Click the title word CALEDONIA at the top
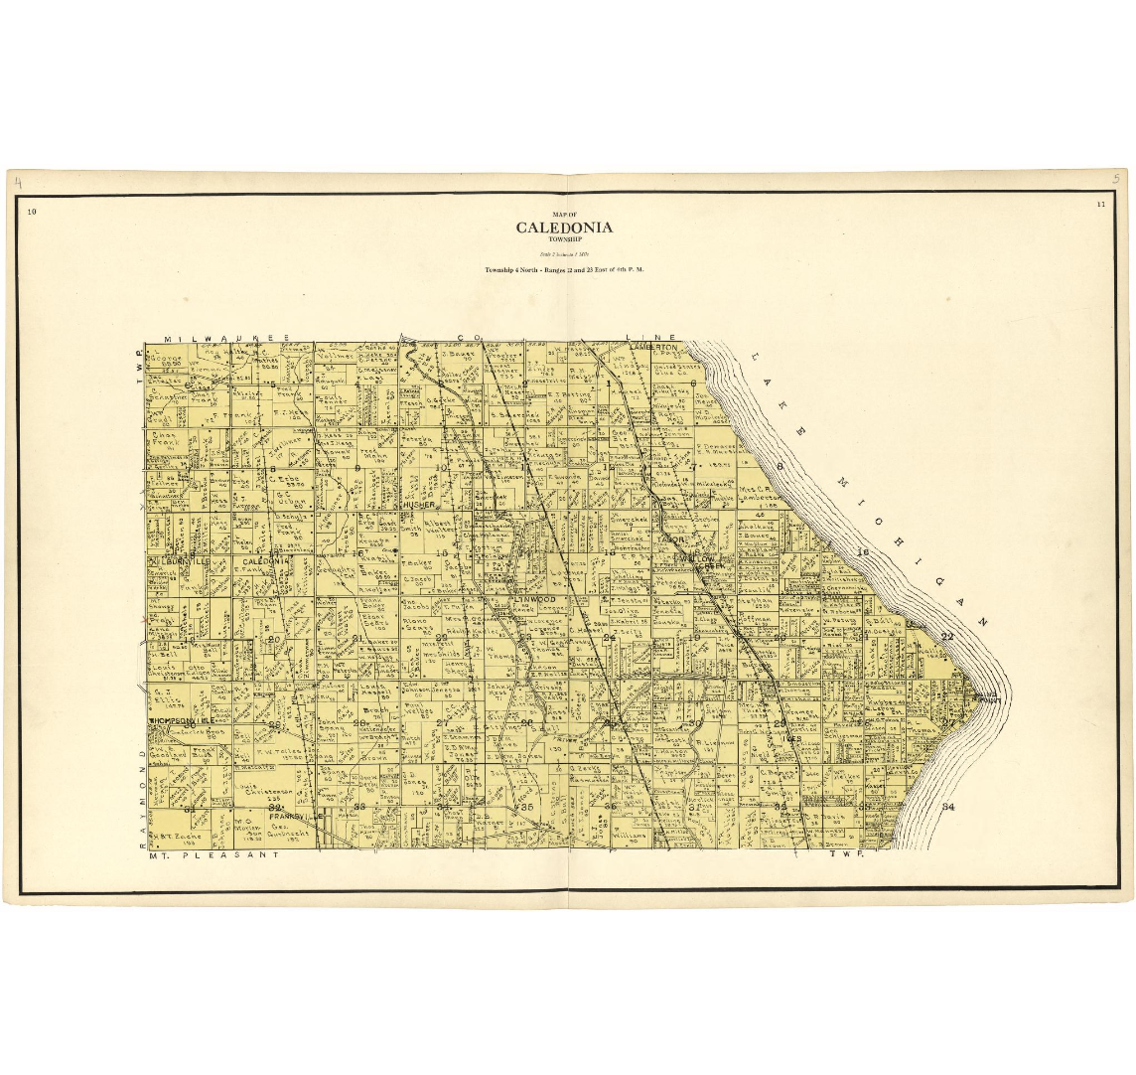[x=564, y=228]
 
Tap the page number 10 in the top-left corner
[x=32, y=211]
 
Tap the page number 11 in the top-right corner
[x=1101, y=205]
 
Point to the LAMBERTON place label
[x=659, y=348]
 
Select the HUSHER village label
[x=420, y=505]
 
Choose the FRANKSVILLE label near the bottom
[x=292, y=818]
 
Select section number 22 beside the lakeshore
[x=946, y=636]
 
